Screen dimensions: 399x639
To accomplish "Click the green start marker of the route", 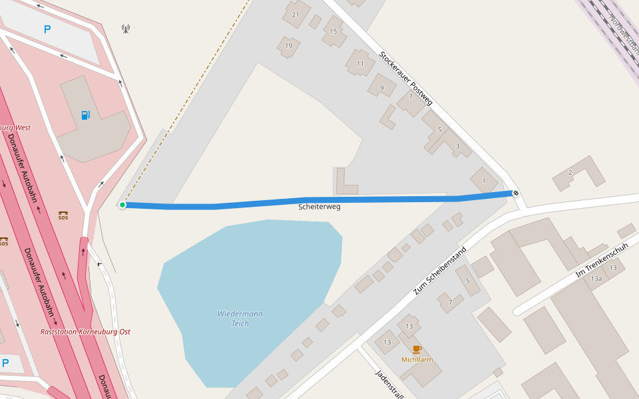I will pos(122,205).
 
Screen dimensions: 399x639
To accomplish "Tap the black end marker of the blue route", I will pos(516,193).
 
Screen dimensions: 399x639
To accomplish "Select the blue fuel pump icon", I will pos(85,115).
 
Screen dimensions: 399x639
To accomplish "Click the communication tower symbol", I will pos(126,29).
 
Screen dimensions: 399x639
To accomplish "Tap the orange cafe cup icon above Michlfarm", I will pos(417,349).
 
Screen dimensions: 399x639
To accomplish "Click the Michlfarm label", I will pos(417,360).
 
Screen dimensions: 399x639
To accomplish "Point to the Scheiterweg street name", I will pos(319,207).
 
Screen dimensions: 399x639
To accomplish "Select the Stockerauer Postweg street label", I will pos(406,78).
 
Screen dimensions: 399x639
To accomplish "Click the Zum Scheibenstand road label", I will pos(439,271).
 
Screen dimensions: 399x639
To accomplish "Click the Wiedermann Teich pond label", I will pos(240,319).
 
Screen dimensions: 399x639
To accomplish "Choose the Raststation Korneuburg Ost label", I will pos(85,332).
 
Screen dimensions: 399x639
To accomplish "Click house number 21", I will pos(296,15).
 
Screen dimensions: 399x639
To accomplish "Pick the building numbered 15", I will pos(333,31).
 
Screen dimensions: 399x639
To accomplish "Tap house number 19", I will pos(288,46).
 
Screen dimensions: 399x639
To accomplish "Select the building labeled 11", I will pos(360,64).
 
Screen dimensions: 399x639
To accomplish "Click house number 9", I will pos(381,88).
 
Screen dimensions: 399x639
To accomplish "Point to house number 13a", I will pos(596,279).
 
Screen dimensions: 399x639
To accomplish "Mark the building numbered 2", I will pos(570,173).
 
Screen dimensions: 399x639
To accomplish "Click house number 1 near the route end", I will pos(483,180).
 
